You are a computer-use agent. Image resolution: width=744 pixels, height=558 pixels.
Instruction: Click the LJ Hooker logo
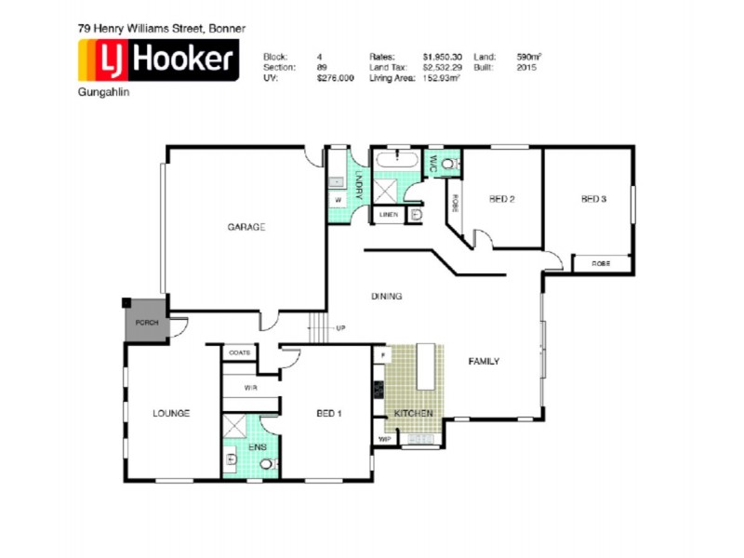coord(157,62)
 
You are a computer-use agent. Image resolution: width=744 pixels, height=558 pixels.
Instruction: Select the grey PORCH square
coord(147,322)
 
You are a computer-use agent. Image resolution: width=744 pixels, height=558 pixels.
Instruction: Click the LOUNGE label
coord(172,413)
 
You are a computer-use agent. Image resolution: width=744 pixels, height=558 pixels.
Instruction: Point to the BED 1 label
coord(329,413)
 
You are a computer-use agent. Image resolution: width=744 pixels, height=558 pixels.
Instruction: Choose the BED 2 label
coord(502,198)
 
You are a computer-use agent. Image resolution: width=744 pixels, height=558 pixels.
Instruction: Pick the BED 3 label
coord(593,198)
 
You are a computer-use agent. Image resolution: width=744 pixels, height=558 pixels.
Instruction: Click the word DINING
coord(386,297)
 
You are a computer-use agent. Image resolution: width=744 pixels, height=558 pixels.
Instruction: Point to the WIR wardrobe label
coord(250,387)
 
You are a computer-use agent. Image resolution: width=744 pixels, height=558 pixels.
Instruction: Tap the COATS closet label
coord(240,353)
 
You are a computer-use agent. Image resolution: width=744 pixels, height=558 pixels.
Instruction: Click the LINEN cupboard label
coord(388,215)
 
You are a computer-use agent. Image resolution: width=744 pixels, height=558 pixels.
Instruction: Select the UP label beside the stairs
coord(340,328)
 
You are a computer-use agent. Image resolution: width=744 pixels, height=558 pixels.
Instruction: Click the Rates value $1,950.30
coord(442,57)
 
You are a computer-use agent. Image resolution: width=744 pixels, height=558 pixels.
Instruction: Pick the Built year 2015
coord(527,68)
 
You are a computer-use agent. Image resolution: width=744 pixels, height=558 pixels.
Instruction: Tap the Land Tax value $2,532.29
coord(442,68)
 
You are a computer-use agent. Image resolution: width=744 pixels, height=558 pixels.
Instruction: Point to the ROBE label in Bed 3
coord(602,264)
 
